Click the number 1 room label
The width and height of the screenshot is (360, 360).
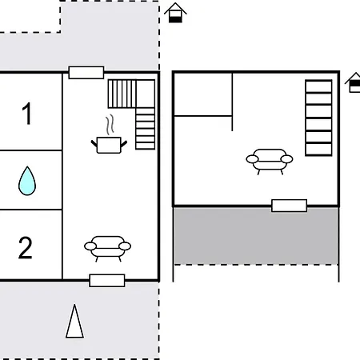pyautogui.click(x=27, y=114)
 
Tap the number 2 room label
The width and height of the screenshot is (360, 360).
pyautogui.click(x=26, y=248)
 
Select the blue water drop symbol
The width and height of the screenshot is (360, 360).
pyautogui.click(x=27, y=181)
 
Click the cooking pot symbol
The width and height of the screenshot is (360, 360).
pyautogui.click(x=109, y=145)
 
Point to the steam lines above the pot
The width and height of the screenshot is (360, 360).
pyautogui.click(x=110, y=125)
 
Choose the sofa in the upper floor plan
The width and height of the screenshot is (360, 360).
pyautogui.click(x=270, y=162)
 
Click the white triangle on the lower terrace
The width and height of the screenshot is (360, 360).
pyautogui.click(x=74, y=321)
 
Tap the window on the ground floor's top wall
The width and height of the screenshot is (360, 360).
pyautogui.click(x=86, y=73)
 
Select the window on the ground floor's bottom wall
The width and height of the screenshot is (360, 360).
pyautogui.click(x=107, y=281)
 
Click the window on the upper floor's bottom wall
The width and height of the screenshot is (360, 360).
pyautogui.click(x=289, y=206)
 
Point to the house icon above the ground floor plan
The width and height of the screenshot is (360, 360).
pyautogui.click(x=175, y=13)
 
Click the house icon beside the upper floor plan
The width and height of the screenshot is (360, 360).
pyautogui.click(x=354, y=82)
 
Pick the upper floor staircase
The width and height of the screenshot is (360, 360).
pyautogui.click(x=318, y=118)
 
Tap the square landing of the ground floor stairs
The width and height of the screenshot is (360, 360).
pyautogui.click(x=146, y=94)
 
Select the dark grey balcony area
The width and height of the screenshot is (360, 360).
pyautogui.click(x=256, y=236)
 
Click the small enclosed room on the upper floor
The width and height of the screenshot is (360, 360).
pyautogui.click(x=203, y=94)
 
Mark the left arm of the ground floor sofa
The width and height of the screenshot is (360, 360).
pyautogui.click(x=90, y=246)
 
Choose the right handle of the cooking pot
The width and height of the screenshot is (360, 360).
pyautogui.click(x=124, y=144)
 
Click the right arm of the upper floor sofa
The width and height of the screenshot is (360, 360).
pyautogui.click(x=286, y=159)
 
